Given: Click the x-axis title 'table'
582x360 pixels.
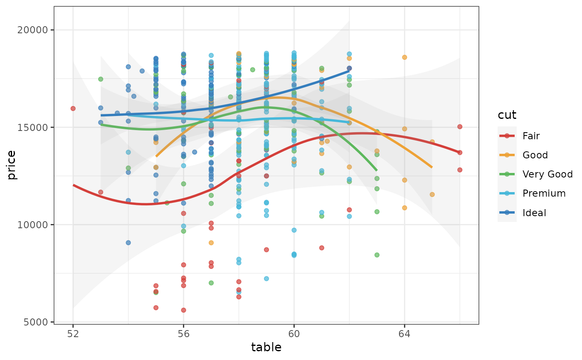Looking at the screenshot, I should [266, 348].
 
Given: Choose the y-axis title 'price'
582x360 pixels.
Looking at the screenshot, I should [12, 165].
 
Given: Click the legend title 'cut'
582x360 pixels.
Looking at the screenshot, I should [507, 115].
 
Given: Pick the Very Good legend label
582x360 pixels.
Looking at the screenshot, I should [547, 174].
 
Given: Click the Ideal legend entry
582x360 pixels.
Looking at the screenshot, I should [534, 213].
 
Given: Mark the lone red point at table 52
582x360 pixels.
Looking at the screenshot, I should [73, 108].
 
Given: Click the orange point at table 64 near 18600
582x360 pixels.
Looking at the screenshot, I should [404, 57].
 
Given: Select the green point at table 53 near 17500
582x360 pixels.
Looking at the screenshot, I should [101, 79].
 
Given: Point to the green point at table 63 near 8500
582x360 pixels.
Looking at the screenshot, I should [377, 255].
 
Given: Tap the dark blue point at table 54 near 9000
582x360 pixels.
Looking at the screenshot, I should [128, 243].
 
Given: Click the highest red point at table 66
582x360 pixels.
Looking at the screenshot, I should [460, 127].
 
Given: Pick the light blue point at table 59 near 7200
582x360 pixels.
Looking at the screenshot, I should [266, 279].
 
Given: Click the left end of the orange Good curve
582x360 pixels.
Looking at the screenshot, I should [156, 156].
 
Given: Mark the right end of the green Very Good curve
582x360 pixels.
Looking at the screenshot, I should [377, 170].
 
